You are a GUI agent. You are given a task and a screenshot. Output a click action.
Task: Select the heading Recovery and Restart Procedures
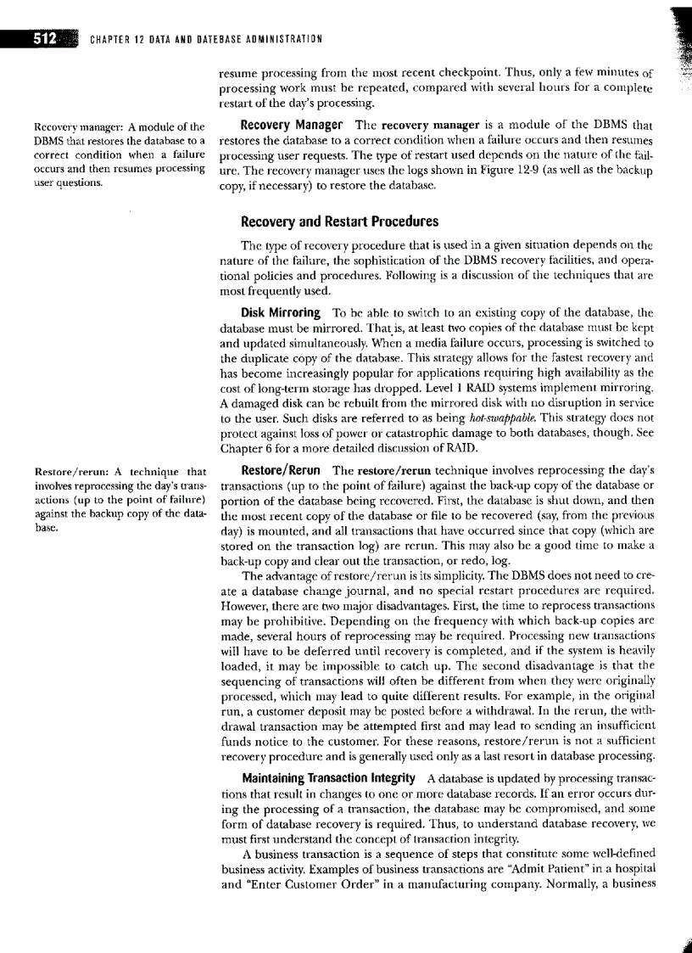click(339, 221)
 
